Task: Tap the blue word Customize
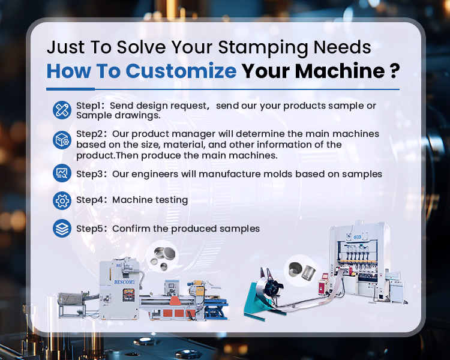181,71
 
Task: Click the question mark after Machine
395,71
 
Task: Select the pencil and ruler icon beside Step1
62,110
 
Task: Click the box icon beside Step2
62,140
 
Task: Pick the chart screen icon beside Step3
62,173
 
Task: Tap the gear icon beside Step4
62,200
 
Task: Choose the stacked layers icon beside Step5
62,228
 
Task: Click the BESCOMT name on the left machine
125,282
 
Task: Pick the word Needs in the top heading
342,47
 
